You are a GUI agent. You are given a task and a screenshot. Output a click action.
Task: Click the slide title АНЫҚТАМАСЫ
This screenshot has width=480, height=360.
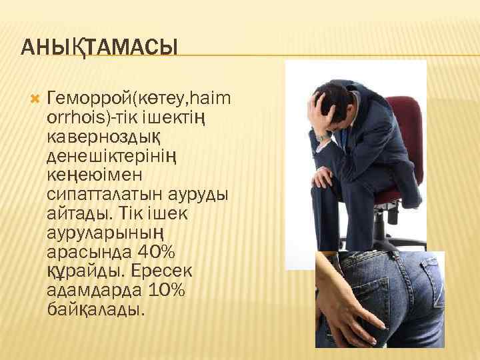pos(99,47)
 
